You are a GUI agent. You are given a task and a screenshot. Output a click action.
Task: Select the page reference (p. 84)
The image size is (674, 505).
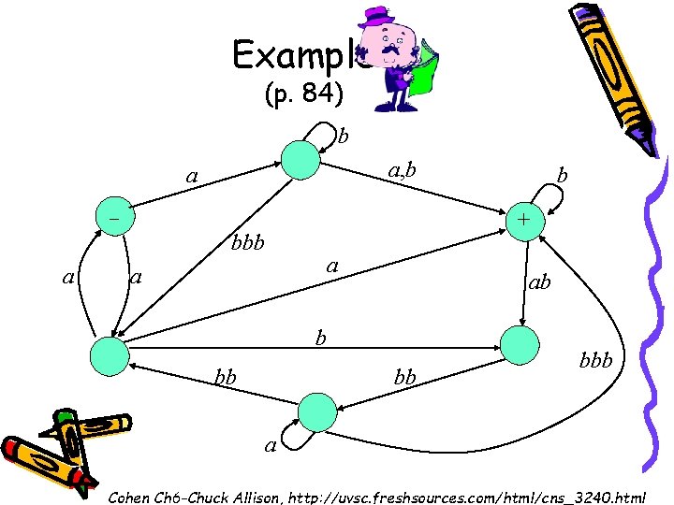click(x=304, y=94)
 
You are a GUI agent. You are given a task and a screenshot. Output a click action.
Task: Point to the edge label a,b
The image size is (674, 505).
click(x=402, y=169)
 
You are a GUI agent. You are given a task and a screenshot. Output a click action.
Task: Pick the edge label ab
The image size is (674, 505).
click(x=539, y=280)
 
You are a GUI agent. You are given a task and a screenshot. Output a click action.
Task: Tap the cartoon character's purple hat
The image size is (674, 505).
click(x=378, y=18)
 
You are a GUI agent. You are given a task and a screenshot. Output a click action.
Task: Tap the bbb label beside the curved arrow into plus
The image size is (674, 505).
click(x=594, y=359)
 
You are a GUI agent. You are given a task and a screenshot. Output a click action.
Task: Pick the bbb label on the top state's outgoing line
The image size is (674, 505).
click(x=248, y=244)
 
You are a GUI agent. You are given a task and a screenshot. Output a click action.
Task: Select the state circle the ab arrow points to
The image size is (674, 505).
click(x=522, y=343)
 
